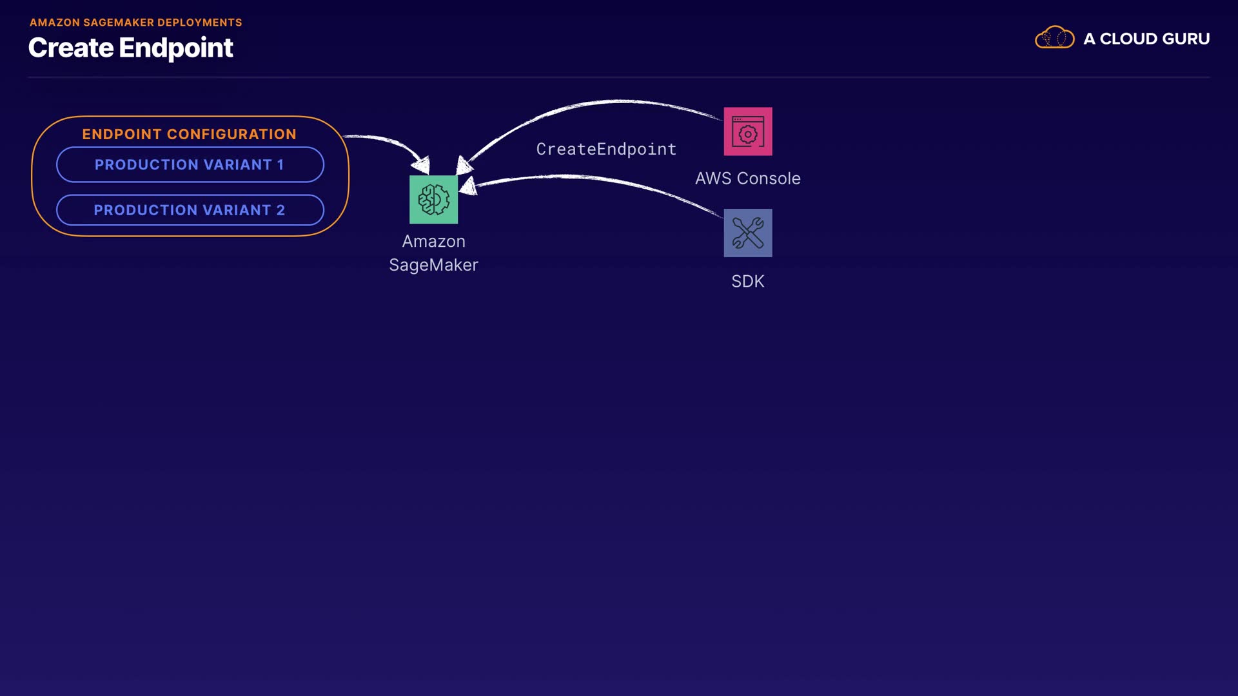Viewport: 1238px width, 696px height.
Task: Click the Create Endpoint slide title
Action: click(130, 48)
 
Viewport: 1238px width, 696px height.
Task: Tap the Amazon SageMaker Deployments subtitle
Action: click(135, 23)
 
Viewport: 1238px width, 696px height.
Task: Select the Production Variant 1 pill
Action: click(190, 164)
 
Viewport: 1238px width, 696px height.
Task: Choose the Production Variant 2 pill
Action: click(190, 210)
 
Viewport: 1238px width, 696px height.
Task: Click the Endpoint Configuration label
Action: click(189, 134)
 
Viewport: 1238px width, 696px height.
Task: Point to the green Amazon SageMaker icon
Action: click(433, 200)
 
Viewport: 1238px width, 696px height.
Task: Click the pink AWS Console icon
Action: click(748, 131)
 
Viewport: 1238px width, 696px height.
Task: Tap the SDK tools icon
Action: click(748, 233)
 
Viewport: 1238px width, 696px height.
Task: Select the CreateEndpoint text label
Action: click(606, 149)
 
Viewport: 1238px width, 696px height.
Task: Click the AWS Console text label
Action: click(748, 179)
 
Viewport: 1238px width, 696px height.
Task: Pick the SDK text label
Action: click(748, 282)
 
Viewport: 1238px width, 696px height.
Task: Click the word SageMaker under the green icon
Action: click(433, 265)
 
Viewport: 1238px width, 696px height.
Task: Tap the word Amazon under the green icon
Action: click(433, 241)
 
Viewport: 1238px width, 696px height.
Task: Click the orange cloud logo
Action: click(1054, 37)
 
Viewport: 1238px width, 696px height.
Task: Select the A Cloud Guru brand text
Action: click(1146, 39)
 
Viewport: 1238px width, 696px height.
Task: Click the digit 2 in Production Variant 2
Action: click(280, 210)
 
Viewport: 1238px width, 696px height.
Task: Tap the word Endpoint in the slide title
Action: click(176, 48)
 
